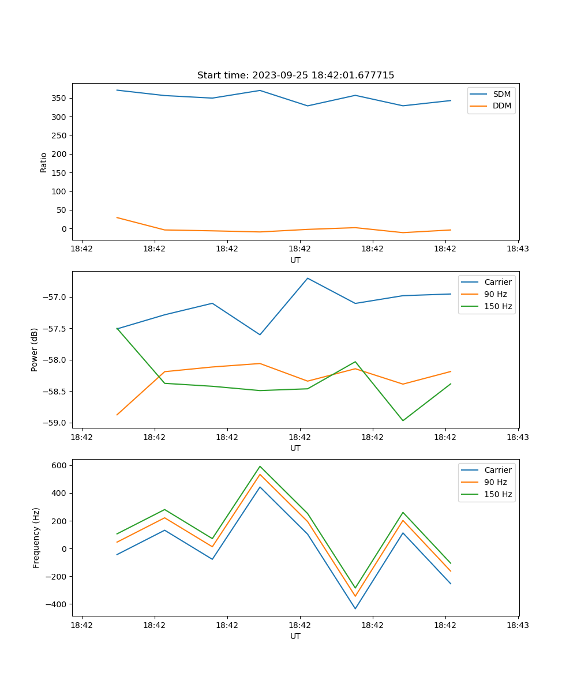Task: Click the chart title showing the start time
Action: pos(295,76)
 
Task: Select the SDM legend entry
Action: pos(501,94)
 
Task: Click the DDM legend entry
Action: pos(501,106)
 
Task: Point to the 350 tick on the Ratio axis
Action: pos(60,98)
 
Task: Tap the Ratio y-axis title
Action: pos(44,162)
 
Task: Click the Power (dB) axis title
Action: pos(35,349)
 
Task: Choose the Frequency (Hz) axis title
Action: pos(36,537)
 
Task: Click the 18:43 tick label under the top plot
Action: pos(518,249)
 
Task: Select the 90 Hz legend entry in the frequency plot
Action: pos(495,482)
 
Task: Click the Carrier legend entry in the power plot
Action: pos(497,282)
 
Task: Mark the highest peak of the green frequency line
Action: pos(260,466)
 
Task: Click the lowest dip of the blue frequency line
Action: pos(355,608)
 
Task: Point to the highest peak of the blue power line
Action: pos(308,278)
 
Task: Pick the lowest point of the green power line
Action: pos(403,420)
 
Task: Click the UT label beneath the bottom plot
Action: pos(295,636)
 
